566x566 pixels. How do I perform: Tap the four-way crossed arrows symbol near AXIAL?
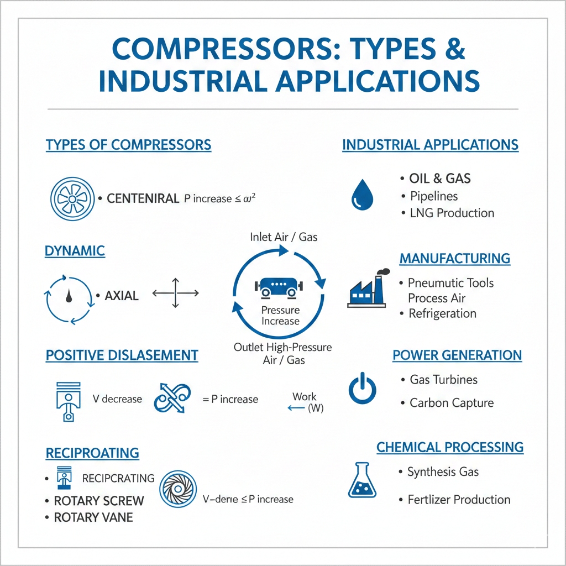pyautogui.click(x=175, y=293)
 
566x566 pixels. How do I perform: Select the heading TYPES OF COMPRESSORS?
pyautogui.click(x=128, y=145)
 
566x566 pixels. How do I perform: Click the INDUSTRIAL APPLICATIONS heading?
pyautogui.click(x=430, y=145)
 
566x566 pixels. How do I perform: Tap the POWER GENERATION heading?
pyautogui.click(x=457, y=355)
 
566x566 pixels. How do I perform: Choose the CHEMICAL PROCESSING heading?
pyautogui.click(x=450, y=447)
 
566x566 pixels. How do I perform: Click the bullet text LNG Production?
pyautogui.click(x=452, y=213)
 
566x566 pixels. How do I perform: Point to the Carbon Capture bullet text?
pyautogui.click(x=452, y=402)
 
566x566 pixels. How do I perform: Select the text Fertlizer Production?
pyautogui.click(x=459, y=499)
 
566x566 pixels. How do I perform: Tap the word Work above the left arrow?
pyautogui.click(x=304, y=396)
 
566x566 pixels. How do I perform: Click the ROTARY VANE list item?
pyautogui.click(x=93, y=517)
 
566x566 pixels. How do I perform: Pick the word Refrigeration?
pyautogui.click(x=442, y=313)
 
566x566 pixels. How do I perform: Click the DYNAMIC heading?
pyautogui.click(x=75, y=251)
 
